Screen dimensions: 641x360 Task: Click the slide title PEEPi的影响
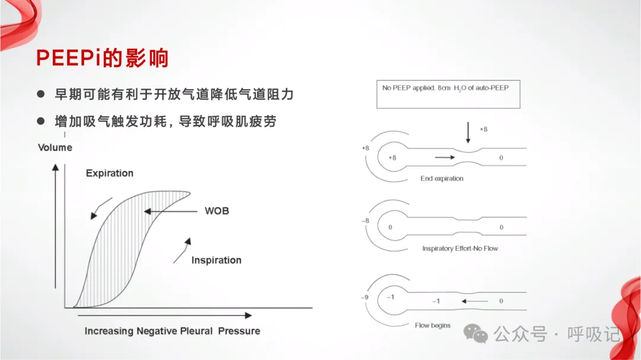coord(103,58)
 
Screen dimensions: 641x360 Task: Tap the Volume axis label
coord(55,147)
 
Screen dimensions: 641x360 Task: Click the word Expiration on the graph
coord(109,173)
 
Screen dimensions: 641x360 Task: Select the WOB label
coord(217,211)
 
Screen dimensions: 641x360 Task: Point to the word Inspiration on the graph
coord(216,260)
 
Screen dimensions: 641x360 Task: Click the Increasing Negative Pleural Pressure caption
coord(172,330)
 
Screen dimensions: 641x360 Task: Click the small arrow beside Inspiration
coord(182,250)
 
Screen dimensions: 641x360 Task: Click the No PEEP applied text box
coord(448,95)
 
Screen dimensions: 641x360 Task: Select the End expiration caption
coord(442,179)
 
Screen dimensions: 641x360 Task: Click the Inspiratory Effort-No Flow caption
coord(460,249)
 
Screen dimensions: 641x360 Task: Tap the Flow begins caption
coord(433,326)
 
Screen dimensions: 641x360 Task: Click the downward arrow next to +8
coord(468,132)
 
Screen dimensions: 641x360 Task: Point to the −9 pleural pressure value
coord(365,297)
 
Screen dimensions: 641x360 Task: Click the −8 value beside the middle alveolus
coord(365,221)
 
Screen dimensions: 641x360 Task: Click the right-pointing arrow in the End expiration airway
coord(445,158)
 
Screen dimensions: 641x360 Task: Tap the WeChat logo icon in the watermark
coord(476,333)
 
